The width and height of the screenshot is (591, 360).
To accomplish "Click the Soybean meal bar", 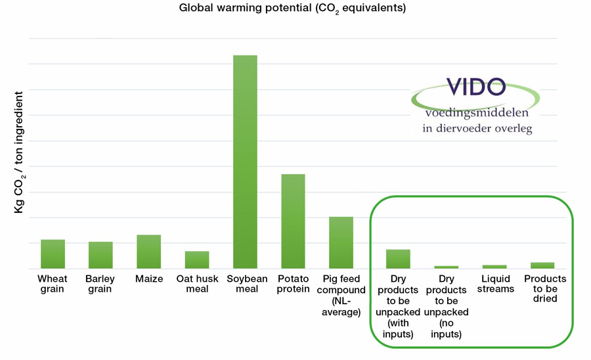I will pyautogui.click(x=245, y=162).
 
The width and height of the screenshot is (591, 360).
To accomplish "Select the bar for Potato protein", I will pyautogui.click(x=293, y=221).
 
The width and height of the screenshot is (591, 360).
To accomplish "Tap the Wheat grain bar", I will pyautogui.click(x=53, y=254).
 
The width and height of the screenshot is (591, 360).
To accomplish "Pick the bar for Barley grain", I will pyautogui.click(x=100, y=255).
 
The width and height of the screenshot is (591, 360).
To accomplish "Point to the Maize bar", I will pyautogui.click(x=148, y=252).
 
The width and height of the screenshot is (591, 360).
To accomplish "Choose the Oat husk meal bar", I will pyautogui.click(x=197, y=259).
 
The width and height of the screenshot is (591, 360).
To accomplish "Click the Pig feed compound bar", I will pyautogui.click(x=341, y=242).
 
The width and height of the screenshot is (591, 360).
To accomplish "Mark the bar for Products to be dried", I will pyautogui.click(x=542, y=265).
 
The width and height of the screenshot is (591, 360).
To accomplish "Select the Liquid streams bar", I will pyautogui.click(x=494, y=267).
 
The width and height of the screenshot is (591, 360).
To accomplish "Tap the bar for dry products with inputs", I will pyautogui.click(x=398, y=259).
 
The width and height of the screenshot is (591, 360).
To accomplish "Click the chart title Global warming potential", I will pyautogui.click(x=295, y=9).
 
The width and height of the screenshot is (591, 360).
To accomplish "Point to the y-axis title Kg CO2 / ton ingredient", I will pyautogui.click(x=19, y=150).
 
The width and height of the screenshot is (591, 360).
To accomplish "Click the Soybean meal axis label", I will pyautogui.click(x=245, y=284).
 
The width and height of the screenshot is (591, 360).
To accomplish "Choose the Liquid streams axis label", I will pyautogui.click(x=494, y=284).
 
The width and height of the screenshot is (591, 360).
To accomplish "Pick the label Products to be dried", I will pyautogui.click(x=544, y=289).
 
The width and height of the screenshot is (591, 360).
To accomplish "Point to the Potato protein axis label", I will pyautogui.click(x=293, y=284).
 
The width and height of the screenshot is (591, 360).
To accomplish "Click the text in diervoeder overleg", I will pyautogui.click(x=477, y=129).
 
